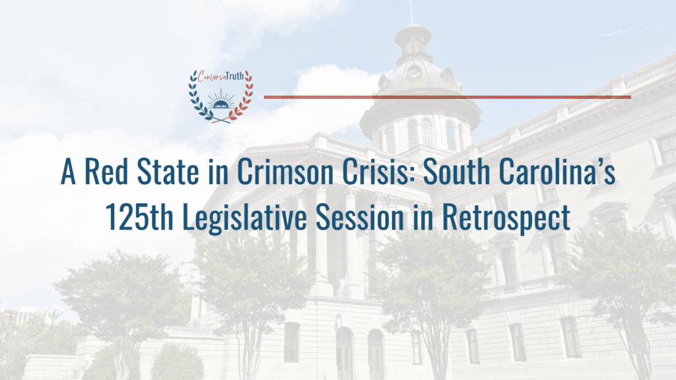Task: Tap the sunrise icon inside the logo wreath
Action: pos(220,102)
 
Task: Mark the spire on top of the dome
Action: pos(411,12)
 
